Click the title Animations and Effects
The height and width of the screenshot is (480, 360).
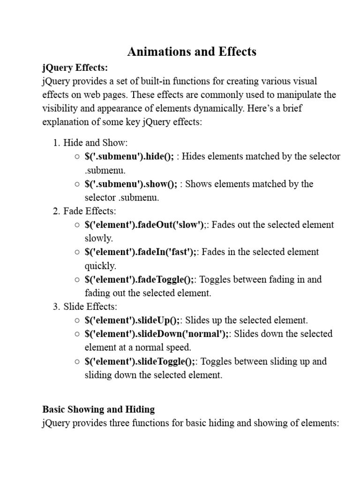pos(192,51)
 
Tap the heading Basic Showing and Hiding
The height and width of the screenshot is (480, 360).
pos(98,409)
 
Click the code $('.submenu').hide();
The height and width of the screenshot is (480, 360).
pos(129,157)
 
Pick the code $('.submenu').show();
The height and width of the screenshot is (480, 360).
pos(131,184)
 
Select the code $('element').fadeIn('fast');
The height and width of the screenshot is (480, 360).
pos(141,252)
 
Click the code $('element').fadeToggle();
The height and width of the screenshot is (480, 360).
pos(139,280)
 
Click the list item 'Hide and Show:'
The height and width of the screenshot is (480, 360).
pos(96,142)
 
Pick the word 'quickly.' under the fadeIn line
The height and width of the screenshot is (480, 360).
pos(100,266)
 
